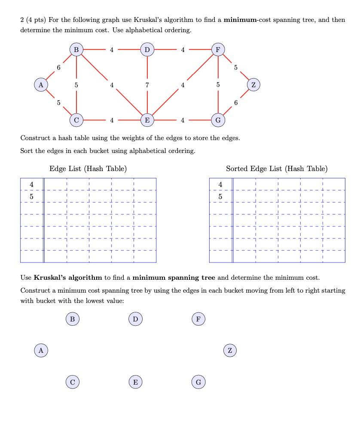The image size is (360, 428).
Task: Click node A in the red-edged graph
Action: click(x=41, y=85)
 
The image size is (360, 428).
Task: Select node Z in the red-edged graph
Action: click(x=253, y=85)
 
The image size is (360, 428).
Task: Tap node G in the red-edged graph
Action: click(x=218, y=120)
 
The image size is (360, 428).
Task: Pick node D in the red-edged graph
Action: click(x=147, y=50)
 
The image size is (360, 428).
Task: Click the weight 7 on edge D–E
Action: click(x=147, y=85)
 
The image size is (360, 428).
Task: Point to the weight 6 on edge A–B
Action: click(x=59, y=67)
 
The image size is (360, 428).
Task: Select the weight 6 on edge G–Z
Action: click(x=236, y=102)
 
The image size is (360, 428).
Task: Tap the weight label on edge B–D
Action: click(x=112, y=50)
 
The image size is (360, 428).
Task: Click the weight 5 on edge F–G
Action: click(x=218, y=85)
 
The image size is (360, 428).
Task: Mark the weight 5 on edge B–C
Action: click(x=76, y=85)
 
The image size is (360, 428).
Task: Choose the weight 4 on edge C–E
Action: click(x=112, y=120)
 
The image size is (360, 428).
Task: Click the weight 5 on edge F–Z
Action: click(x=235, y=67)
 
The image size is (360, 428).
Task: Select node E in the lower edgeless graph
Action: click(x=135, y=382)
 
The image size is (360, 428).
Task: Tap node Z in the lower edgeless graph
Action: click(x=230, y=350)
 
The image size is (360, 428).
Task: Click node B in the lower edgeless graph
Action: click(x=72, y=319)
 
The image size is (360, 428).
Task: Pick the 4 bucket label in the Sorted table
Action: click(x=220, y=184)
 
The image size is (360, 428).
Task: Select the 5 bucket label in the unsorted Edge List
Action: click(x=31, y=196)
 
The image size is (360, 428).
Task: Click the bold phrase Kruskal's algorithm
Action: click(x=68, y=278)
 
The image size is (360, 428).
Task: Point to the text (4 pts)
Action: click(x=36, y=20)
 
